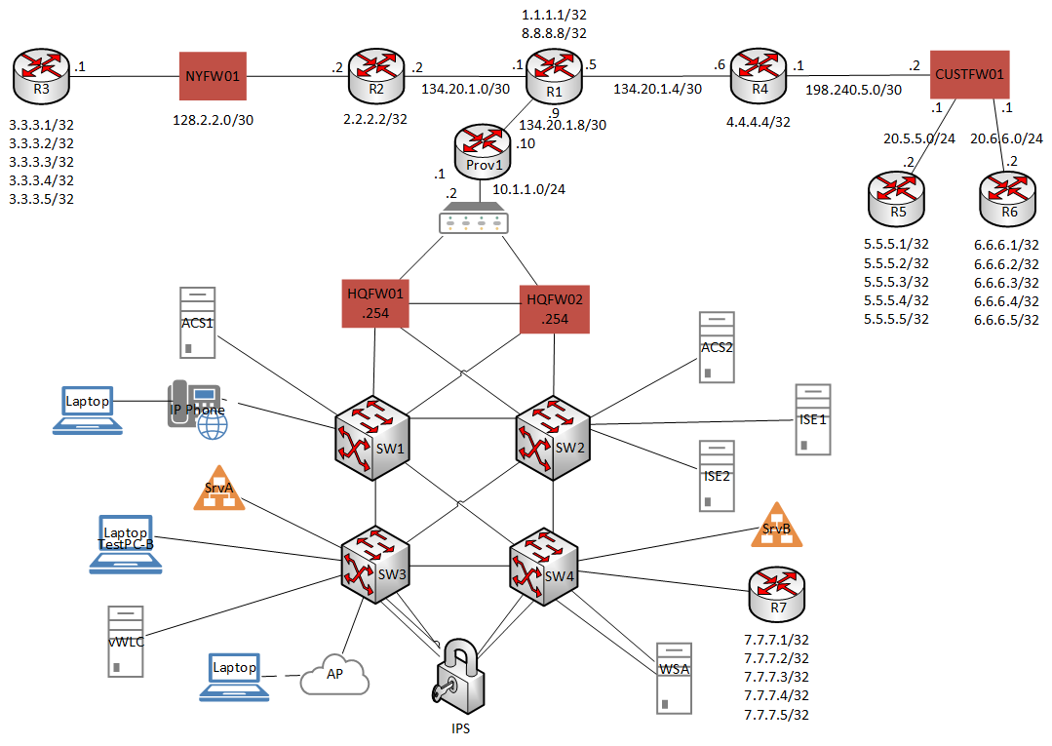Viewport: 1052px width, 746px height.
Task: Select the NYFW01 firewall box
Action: pos(212,74)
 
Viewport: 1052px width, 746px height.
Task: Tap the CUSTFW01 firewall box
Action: pos(968,74)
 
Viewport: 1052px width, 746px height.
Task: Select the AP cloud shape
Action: pos(334,674)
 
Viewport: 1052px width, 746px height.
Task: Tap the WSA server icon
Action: pos(674,677)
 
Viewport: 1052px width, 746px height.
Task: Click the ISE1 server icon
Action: pos(812,419)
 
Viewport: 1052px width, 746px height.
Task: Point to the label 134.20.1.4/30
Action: pos(657,89)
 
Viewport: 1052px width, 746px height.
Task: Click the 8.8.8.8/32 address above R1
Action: pos(553,32)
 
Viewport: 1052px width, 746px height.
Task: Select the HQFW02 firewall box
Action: pos(555,306)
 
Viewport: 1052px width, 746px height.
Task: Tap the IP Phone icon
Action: pos(199,408)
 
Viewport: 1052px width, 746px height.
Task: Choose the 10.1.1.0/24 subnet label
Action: pos(528,190)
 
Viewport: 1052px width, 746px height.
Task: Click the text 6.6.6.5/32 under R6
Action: pos(1005,319)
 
